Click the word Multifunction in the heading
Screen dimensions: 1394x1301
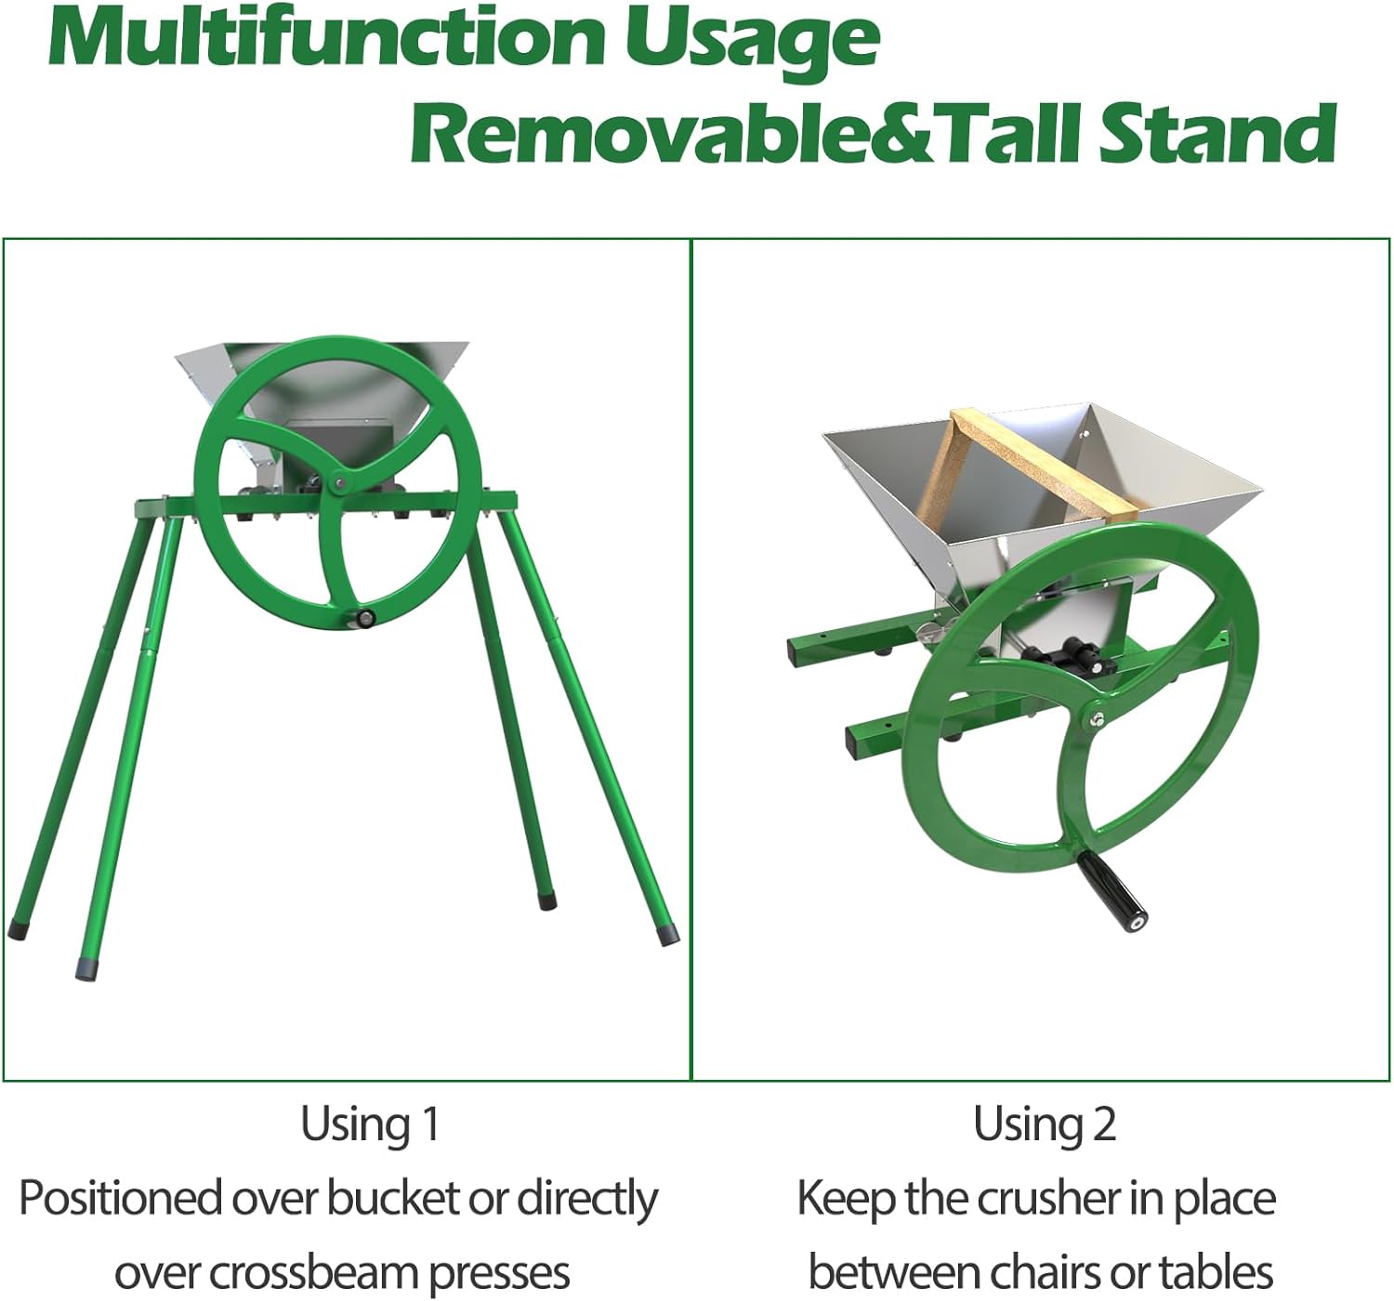click(326, 39)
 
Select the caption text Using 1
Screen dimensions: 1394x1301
click(370, 1124)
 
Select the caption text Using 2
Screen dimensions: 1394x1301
click(1045, 1124)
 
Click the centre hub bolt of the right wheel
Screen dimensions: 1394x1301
click(1097, 719)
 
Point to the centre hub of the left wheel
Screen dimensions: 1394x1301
click(339, 482)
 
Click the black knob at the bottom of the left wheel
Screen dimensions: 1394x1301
click(365, 617)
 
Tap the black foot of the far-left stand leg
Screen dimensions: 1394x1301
click(16, 931)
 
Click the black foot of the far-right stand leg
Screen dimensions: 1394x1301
click(668, 935)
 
